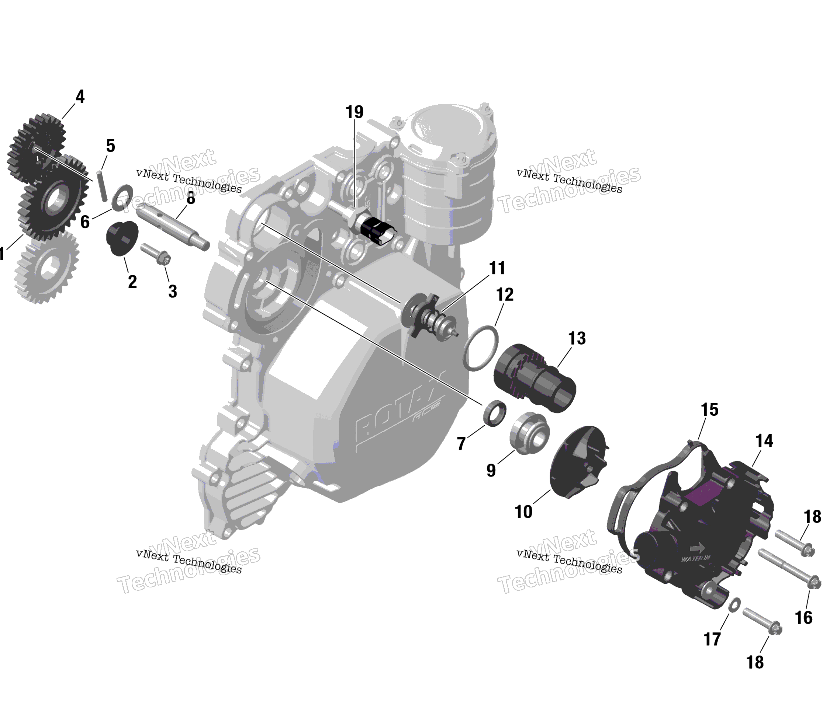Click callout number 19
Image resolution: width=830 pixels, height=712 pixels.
[355, 112]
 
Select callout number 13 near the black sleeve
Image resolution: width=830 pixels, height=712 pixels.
[577, 339]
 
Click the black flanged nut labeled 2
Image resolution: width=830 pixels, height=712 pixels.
[122, 238]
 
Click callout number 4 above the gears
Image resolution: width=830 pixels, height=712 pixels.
[80, 97]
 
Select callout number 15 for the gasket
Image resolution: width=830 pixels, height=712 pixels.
[709, 410]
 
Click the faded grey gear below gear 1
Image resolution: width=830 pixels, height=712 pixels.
[46, 266]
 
